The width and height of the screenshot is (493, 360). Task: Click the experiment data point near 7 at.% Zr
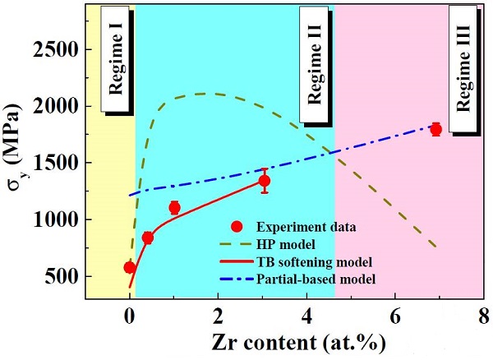click(435, 129)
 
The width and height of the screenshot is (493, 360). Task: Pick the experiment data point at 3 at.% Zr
click(265, 181)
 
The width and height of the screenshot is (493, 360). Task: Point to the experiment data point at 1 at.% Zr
click(174, 208)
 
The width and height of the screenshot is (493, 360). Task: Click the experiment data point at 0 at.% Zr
click(130, 267)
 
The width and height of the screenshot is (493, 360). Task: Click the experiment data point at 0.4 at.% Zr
click(148, 238)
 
